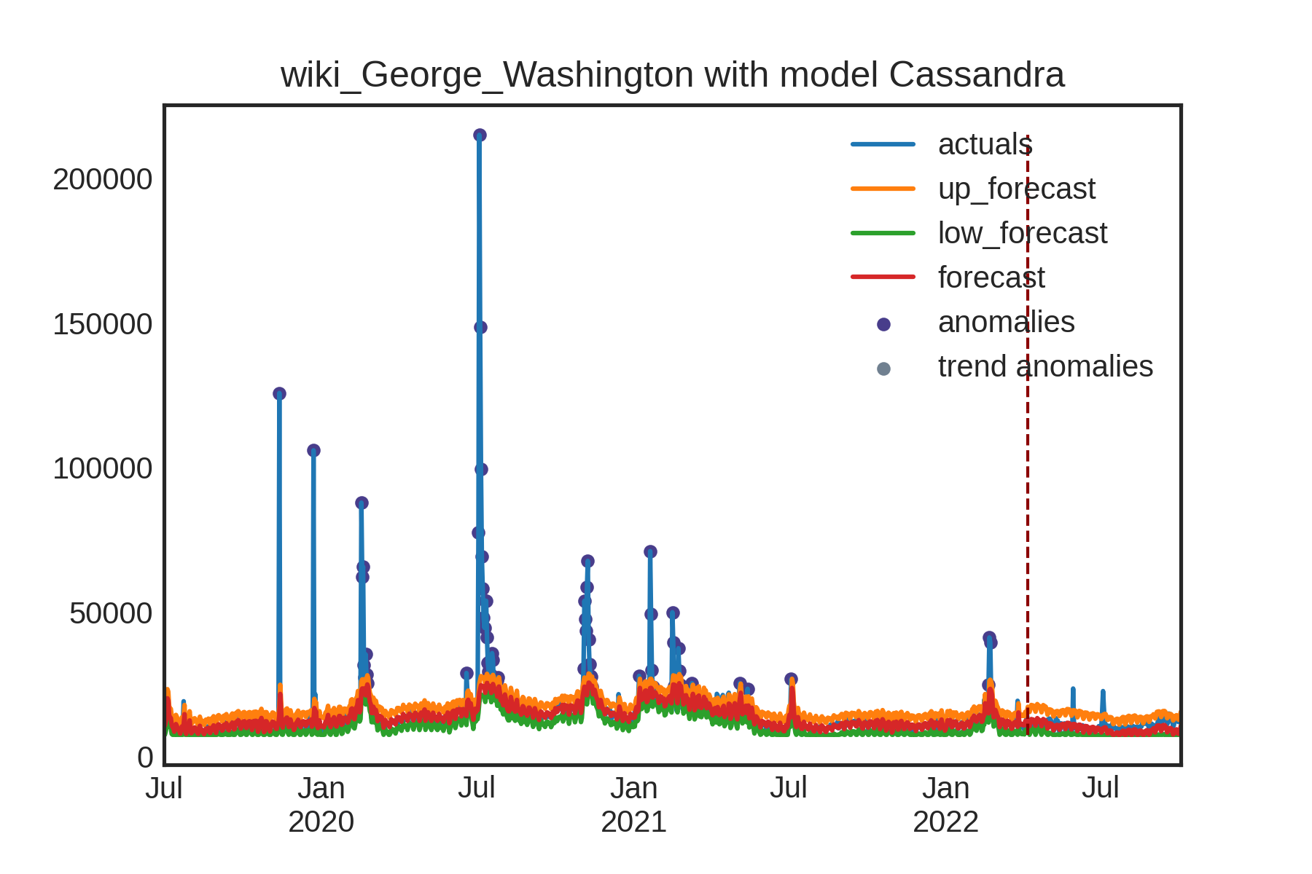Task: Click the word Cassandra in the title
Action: tap(976, 75)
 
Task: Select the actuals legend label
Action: tap(984, 144)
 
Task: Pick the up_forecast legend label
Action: tap(1016, 189)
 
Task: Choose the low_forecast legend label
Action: tap(1022, 233)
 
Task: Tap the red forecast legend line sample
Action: tap(883, 277)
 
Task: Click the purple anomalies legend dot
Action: tap(883, 324)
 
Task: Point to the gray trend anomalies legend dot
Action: tap(883, 369)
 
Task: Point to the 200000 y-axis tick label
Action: tap(102, 179)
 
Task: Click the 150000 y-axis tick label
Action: tap(102, 324)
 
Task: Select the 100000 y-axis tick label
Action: tap(102, 468)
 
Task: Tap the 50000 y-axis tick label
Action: tap(111, 613)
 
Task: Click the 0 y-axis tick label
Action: tap(145, 757)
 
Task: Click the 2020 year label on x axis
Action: tap(321, 822)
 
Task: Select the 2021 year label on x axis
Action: tap(633, 822)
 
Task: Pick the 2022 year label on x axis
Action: tap(945, 822)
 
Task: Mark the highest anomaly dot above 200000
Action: tap(480, 135)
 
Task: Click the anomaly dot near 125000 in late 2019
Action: tap(279, 393)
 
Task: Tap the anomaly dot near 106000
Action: tap(313, 450)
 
